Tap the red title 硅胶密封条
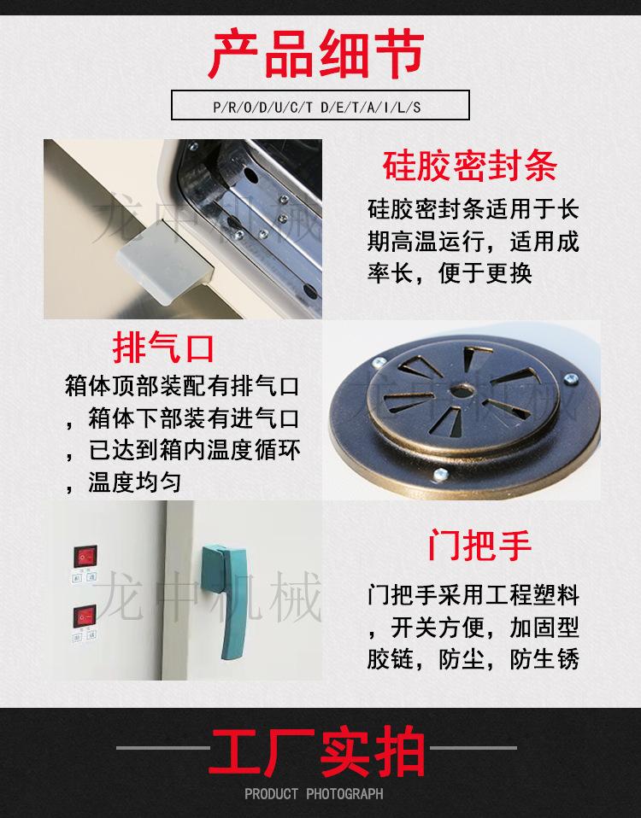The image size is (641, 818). pos(470,165)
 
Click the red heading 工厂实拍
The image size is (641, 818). pos(318,751)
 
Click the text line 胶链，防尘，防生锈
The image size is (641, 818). pos(473,659)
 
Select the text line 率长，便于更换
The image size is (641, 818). pos(449,272)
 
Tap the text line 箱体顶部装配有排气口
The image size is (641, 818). pos(182,385)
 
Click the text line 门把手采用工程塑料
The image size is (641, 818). pos(473,594)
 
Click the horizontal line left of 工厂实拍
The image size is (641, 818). pos(162,748)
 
